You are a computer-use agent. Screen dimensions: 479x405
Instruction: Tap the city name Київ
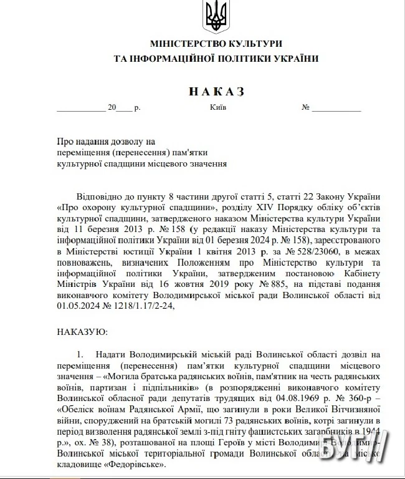click(x=218, y=107)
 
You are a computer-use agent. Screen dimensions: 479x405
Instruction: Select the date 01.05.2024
click(x=76, y=306)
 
